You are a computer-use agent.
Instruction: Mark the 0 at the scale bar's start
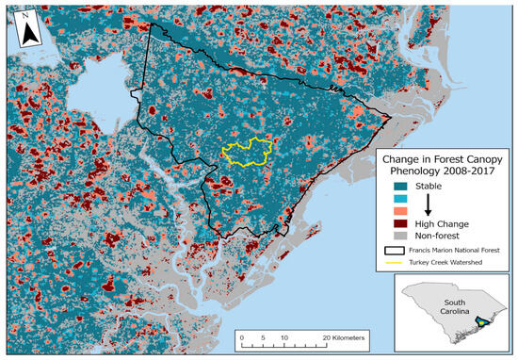242,335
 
